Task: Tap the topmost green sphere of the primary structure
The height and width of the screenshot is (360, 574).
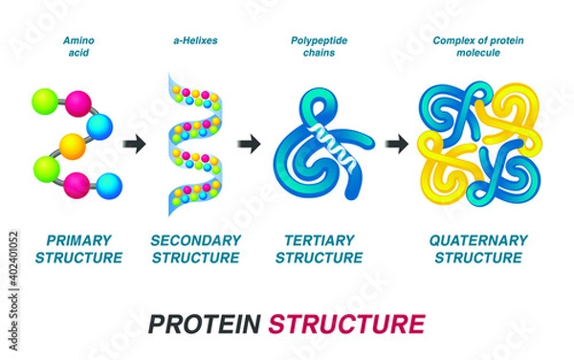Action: point(44,100)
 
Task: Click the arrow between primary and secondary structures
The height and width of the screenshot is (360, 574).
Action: point(136,146)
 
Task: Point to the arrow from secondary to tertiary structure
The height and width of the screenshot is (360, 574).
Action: point(250,146)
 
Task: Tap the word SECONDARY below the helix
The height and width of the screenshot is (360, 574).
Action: point(195,239)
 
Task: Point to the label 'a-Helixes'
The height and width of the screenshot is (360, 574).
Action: point(194,41)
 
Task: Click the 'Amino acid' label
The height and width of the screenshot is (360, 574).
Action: point(77,47)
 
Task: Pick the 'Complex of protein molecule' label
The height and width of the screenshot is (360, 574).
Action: point(478,47)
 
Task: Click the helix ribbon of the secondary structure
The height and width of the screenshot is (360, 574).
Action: point(194,144)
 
